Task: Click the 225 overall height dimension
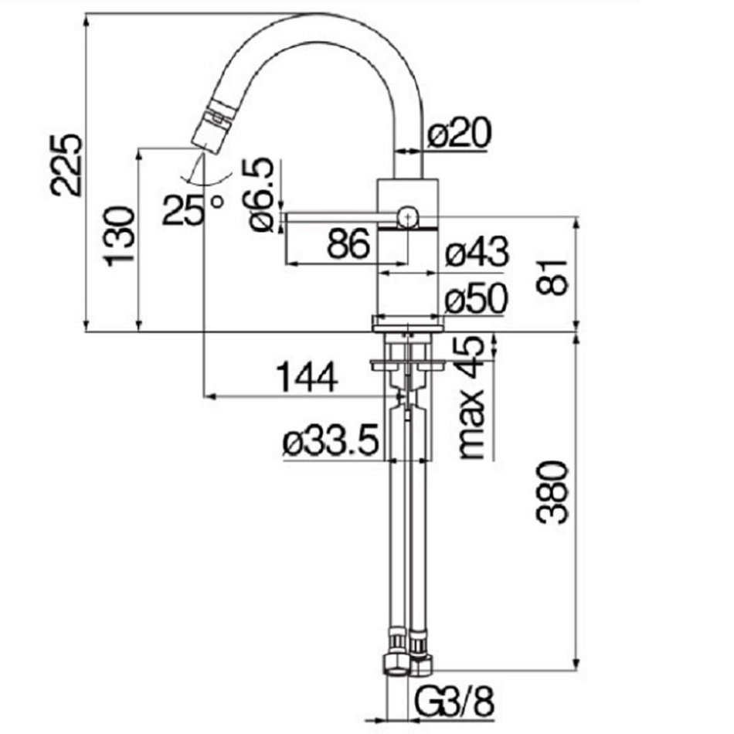(x=66, y=165)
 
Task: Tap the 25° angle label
(x=192, y=210)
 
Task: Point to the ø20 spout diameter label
(x=459, y=132)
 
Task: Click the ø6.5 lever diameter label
(x=260, y=194)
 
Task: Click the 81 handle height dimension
(x=552, y=277)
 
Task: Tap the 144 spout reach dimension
(x=307, y=377)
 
